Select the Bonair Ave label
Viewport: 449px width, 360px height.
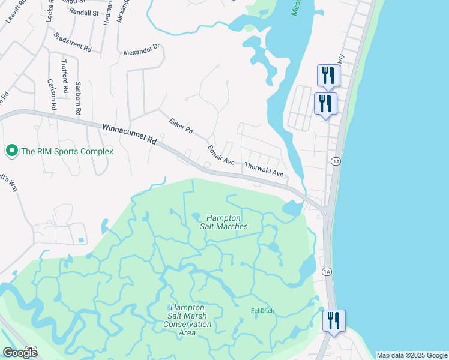220,155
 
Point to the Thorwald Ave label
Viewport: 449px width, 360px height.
264,168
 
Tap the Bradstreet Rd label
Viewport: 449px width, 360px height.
72,41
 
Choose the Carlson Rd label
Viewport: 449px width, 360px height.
52,94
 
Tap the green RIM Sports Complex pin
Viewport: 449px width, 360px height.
11,151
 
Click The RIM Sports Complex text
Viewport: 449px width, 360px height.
67,152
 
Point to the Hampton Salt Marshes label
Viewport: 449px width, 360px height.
224,222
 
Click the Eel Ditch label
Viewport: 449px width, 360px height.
262,311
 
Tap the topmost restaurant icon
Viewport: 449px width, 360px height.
328,76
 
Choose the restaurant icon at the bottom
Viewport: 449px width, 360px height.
334,320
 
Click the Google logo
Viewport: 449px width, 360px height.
20,353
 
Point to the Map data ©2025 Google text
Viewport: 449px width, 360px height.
412,355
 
